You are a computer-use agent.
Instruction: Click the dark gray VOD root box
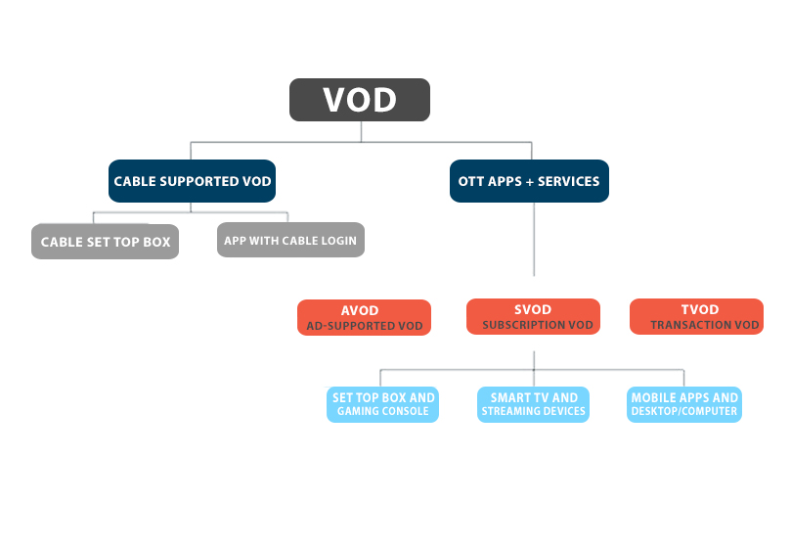[360, 100]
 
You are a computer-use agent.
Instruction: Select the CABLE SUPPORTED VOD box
[193, 181]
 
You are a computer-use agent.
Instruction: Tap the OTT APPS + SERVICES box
[529, 181]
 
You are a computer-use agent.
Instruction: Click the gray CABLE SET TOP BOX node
[106, 242]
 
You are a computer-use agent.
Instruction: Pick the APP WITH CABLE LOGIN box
[290, 240]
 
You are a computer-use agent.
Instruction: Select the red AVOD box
[364, 317]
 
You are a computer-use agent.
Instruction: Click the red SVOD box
[534, 317]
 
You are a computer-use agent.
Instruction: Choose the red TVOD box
[696, 317]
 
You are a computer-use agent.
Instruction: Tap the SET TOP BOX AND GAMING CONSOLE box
[383, 404]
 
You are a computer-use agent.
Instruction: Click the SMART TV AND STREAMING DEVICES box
[534, 404]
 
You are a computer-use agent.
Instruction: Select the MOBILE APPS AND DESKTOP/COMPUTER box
[684, 404]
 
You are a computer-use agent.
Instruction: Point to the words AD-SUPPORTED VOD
[365, 326]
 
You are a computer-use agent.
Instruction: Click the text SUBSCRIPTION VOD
[538, 325]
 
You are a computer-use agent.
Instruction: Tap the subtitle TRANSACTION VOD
[705, 325]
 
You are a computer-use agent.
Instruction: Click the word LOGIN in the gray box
[337, 241]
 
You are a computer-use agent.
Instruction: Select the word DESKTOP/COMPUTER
[684, 412]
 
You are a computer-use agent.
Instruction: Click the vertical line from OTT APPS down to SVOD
[534, 240]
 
